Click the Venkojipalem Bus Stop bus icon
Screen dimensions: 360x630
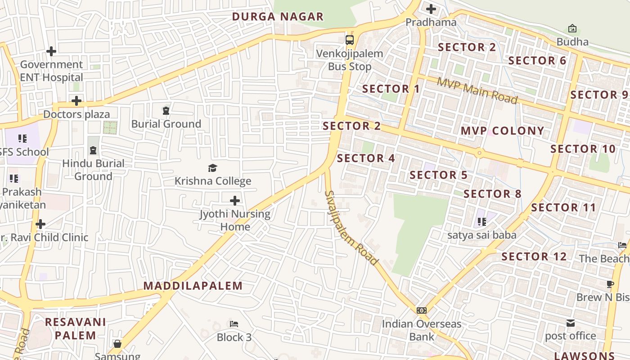point(350,40)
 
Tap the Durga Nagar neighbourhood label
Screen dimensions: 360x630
point(278,17)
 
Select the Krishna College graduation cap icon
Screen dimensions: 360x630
point(212,168)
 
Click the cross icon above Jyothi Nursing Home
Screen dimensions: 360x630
point(235,201)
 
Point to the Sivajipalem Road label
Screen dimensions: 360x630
point(351,228)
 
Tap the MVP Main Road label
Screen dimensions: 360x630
point(477,90)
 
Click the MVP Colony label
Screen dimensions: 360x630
point(502,131)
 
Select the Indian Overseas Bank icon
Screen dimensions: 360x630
point(422,310)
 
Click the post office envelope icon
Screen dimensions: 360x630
point(571,323)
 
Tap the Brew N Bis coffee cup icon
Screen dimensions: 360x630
point(610,284)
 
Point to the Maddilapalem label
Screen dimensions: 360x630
point(193,286)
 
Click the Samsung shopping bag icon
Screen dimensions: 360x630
point(117,344)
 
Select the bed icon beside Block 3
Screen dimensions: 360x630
point(234,324)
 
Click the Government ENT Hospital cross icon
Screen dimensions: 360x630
point(51,51)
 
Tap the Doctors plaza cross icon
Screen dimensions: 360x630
point(76,100)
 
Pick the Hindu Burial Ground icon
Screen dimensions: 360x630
point(93,150)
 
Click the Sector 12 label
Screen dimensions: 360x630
point(534,256)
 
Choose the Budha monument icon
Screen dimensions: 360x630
point(572,28)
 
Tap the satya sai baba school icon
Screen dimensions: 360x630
point(482,221)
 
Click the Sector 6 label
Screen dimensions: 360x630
point(537,60)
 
